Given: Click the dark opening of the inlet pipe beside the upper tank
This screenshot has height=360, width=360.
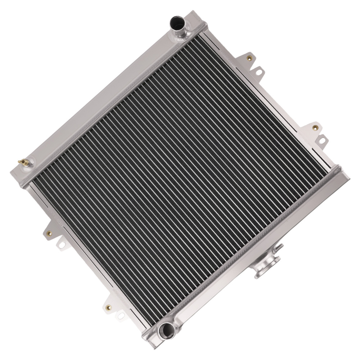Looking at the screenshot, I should click(x=178, y=22).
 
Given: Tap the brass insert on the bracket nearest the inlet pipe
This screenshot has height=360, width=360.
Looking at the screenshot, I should click(x=249, y=57).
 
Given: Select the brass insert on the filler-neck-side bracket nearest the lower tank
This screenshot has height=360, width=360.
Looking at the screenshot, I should click(x=315, y=127).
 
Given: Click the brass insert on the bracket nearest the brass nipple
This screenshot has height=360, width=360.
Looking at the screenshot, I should click(x=50, y=233).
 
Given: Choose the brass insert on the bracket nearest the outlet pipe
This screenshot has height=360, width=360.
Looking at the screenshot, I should click(x=108, y=307).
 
